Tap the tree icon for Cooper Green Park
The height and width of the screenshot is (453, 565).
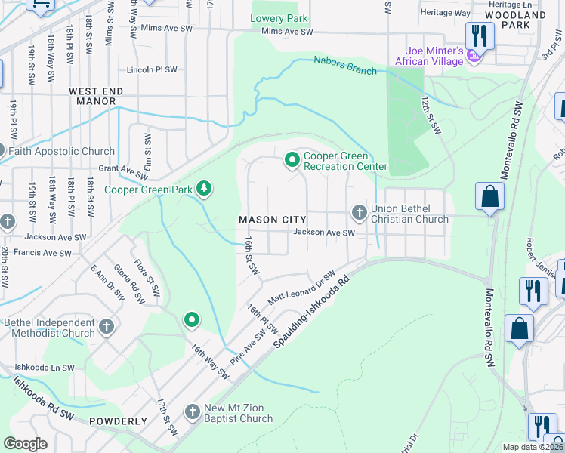pos(203,188)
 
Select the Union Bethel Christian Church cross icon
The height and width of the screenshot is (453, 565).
pos(360,213)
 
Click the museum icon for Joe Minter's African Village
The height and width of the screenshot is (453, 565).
pos(474,56)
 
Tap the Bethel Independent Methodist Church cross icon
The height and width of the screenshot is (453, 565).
pos(107,327)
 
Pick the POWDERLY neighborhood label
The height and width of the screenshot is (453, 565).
pos(118,421)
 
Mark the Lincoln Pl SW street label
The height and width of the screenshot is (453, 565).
pos(153,69)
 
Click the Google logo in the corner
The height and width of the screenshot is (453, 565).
pos(26,443)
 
